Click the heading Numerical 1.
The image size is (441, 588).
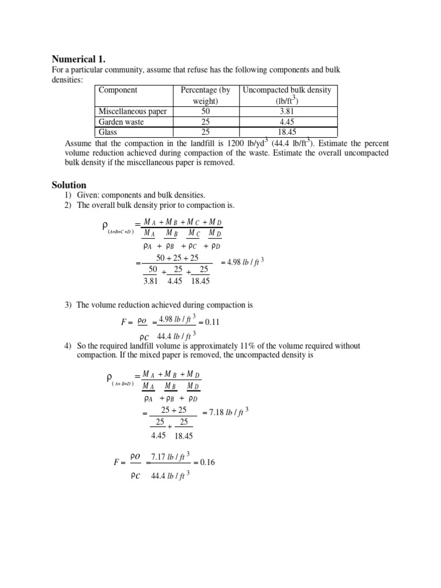[x=78, y=59]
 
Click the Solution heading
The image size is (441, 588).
[x=69, y=185]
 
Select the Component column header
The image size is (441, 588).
[x=118, y=90]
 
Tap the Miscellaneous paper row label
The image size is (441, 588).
[x=133, y=111]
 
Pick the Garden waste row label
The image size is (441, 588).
[x=121, y=122]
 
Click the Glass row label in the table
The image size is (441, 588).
[x=109, y=132]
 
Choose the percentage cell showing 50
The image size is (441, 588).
[x=205, y=111]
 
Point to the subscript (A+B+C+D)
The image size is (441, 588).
[x=120, y=232]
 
